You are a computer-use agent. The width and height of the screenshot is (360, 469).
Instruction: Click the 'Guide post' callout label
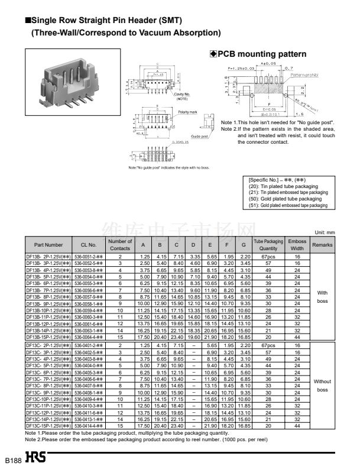coord(199,136)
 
